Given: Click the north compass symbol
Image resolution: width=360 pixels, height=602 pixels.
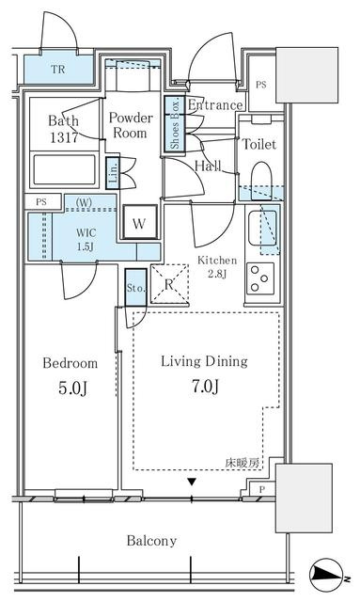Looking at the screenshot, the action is pyautogui.click(x=326, y=575).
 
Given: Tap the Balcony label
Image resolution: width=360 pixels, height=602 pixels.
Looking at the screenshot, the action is pyautogui.click(x=151, y=541).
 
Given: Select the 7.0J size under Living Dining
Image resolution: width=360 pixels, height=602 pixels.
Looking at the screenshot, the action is pyautogui.click(x=205, y=387).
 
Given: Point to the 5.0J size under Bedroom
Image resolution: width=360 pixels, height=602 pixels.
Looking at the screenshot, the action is pyautogui.click(x=72, y=388).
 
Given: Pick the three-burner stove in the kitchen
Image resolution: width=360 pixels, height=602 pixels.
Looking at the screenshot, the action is pyautogui.click(x=260, y=278).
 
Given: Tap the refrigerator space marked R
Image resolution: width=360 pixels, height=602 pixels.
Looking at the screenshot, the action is pyautogui.click(x=169, y=283).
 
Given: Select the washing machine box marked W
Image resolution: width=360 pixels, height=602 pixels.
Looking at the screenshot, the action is pyautogui.click(x=139, y=222).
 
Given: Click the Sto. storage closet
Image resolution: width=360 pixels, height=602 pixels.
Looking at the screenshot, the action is pyautogui.click(x=136, y=287).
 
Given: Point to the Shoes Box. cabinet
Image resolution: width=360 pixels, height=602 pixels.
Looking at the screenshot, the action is pyautogui.click(x=175, y=124).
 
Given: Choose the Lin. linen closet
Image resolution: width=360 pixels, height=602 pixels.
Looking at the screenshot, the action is pyautogui.click(x=113, y=173).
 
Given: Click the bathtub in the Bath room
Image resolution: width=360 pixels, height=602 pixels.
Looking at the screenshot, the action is pyautogui.click(x=64, y=169).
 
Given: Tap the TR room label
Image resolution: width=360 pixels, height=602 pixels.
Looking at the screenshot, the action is pyautogui.click(x=58, y=70).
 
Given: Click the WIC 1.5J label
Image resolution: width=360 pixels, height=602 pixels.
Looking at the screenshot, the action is pyautogui.click(x=86, y=239).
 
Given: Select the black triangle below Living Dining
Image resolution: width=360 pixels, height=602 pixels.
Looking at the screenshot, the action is pyautogui.click(x=192, y=482).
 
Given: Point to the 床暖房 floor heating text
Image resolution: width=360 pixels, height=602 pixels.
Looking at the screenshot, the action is pyautogui.click(x=242, y=463).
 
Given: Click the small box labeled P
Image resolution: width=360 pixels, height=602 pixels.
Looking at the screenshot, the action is pyautogui.click(x=261, y=489).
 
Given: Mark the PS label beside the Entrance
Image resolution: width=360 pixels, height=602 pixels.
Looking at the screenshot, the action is pyautogui.click(x=261, y=85).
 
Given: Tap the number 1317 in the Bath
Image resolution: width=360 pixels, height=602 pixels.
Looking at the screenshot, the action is pyautogui.click(x=64, y=137).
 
